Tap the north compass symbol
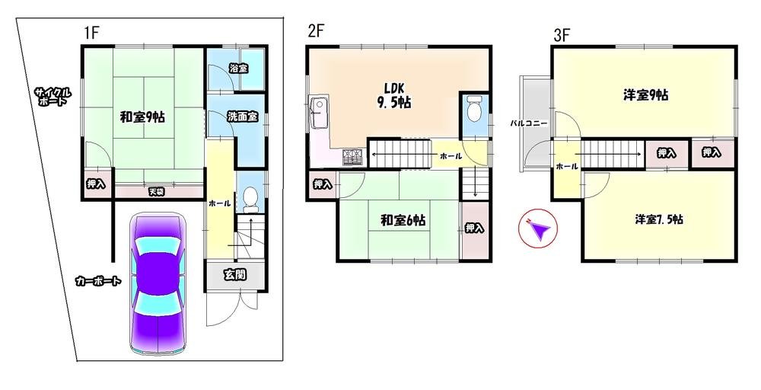[x=538, y=229]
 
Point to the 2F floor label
[x=316, y=31]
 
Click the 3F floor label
[x=562, y=36]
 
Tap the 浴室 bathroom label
[x=238, y=69]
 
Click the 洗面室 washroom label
[x=243, y=117]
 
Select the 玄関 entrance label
[x=235, y=275]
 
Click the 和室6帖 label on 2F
[x=403, y=220]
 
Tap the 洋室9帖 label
[x=646, y=95]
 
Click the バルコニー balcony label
[x=529, y=124]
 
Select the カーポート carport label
[x=97, y=281]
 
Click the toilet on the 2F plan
[x=473, y=110]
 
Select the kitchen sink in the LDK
[x=320, y=113]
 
